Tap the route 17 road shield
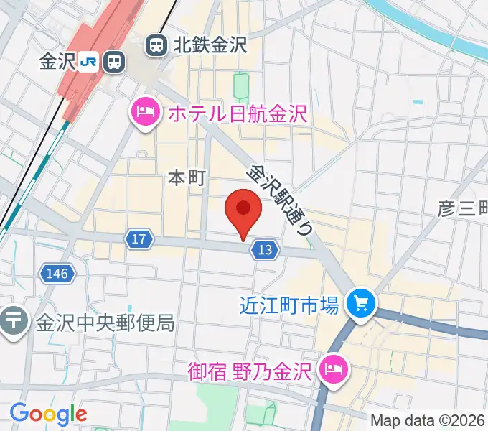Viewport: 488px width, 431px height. (x=139, y=239)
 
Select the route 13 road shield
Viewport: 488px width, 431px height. (x=264, y=249)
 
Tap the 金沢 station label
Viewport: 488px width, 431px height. (x=58, y=62)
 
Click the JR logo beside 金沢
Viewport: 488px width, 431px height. (x=89, y=62)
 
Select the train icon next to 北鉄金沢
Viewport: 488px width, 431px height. (x=155, y=46)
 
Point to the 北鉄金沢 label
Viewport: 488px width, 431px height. (x=209, y=46)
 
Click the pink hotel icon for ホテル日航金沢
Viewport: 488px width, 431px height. (x=146, y=113)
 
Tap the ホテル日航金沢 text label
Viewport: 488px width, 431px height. (x=237, y=113)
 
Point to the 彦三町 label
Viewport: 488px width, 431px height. (x=464, y=208)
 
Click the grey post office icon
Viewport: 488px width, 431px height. (x=14, y=321)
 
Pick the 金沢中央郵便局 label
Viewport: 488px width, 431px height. (x=105, y=322)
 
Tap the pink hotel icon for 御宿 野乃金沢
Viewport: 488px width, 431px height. (x=332, y=371)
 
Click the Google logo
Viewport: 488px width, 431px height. (x=48, y=414)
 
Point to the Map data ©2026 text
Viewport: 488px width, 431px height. (x=428, y=420)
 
